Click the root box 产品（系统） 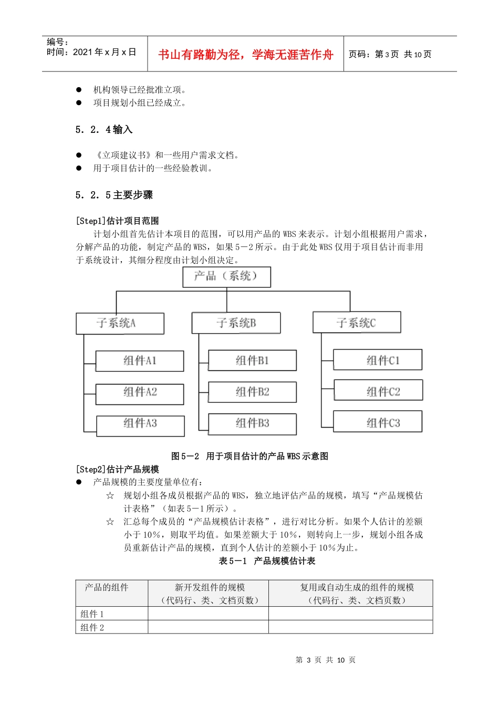pyautogui.click(x=226, y=277)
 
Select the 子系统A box pyautogui.click(x=120, y=324)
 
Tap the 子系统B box pyautogui.click(x=236, y=323)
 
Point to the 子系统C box pyautogui.click(x=357, y=323)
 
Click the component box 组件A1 pyautogui.click(x=140, y=361)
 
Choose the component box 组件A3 pyautogui.click(x=140, y=425)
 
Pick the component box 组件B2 pyautogui.click(x=252, y=392)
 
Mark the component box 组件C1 pyautogui.click(x=378, y=360)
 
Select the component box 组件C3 pyautogui.click(x=378, y=422)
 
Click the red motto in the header pyautogui.click(x=246, y=55)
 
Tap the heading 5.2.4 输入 pyautogui.click(x=104, y=130)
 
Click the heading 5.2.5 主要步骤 pyautogui.click(x=114, y=195)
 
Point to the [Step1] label pyautogui.click(x=117, y=221)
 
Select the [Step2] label pyautogui.click(x=117, y=470)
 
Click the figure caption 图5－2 pyautogui.click(x=250, y=456)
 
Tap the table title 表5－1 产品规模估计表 pyautogui.click(x=267, y=561)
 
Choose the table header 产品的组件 pyautogui.click(x=107, y=588)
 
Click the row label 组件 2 pyautogui.click(x=92, y=628)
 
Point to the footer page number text pyautogui.click(x=326, y=660)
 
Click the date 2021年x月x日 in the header pyautogui.click(x=91, y=53)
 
